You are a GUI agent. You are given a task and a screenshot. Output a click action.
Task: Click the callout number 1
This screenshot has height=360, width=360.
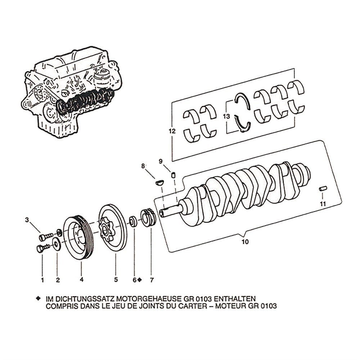point(42,279)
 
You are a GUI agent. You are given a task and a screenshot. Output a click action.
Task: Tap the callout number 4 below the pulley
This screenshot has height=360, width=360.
point(81,279)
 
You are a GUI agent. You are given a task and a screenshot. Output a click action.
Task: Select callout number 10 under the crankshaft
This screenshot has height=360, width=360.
point(245,242)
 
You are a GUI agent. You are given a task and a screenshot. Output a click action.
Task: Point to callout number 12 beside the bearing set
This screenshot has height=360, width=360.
point(172,131)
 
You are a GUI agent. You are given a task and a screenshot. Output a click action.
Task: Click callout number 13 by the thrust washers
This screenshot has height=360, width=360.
point(226,117)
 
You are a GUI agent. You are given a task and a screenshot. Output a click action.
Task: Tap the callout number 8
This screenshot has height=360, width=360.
point(143,166)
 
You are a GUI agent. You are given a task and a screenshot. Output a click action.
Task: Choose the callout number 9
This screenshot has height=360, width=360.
point(161,161)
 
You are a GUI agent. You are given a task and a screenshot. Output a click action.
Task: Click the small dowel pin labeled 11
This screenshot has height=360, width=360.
point(323,188)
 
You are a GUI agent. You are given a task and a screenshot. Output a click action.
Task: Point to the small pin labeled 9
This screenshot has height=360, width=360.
point(173,175)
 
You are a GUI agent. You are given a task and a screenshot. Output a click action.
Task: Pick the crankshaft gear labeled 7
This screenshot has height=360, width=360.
point(149,218)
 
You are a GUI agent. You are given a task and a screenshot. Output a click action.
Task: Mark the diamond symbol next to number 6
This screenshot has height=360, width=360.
point(139,279)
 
